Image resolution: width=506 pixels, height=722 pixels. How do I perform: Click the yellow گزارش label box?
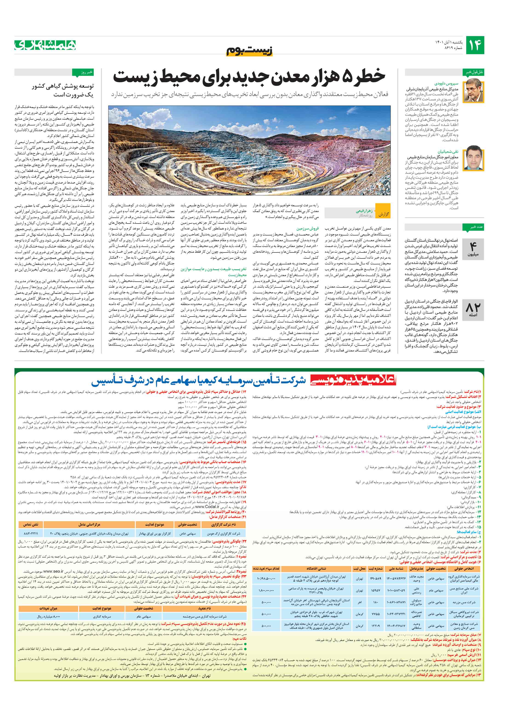(x=383, y=214)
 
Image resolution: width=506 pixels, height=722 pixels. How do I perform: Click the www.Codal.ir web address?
(x=207, y=507)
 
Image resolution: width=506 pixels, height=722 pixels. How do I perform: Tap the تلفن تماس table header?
(x=31, y=524)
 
